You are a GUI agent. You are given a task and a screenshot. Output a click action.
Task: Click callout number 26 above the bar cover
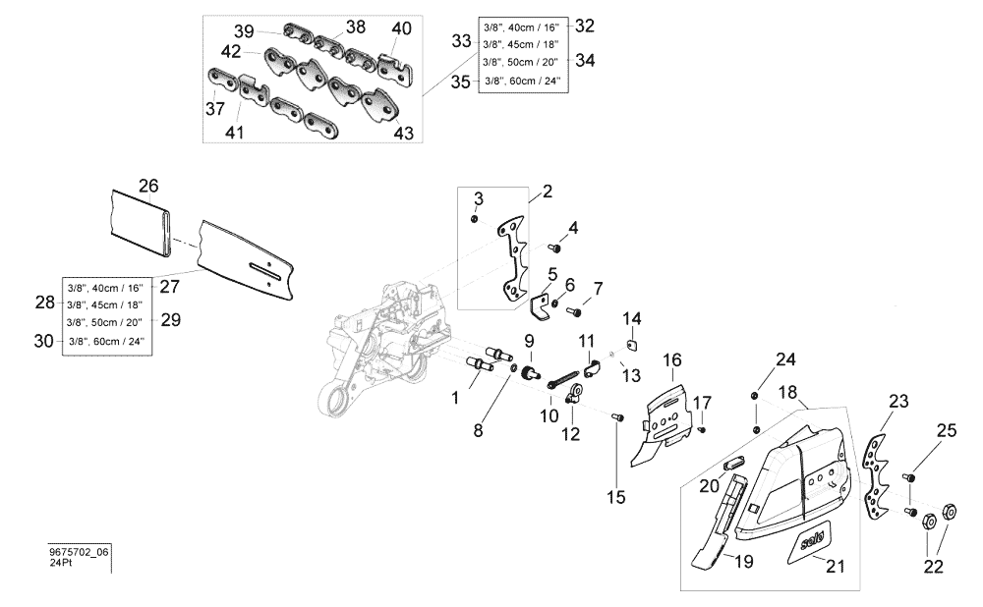click(148, 185)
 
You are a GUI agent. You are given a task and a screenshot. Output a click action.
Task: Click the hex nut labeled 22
click(952, 511)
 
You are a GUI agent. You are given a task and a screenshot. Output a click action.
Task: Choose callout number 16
click(671, 360)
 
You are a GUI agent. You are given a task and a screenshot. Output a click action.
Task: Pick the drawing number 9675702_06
click(79, 553)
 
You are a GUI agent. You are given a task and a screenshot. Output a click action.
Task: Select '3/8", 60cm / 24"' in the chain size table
click(521, 82)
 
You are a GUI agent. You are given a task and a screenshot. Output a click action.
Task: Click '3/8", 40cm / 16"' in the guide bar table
click(105, 288)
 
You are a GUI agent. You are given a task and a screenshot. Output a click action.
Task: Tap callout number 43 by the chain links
click(404, 133)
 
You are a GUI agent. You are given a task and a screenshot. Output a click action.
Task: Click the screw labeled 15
click(616, 419)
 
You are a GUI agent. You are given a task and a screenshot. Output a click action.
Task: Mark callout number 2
click(548, 191)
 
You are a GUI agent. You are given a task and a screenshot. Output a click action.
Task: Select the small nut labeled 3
click(475, 219)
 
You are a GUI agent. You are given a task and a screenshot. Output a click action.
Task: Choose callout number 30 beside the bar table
click(44, 340)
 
